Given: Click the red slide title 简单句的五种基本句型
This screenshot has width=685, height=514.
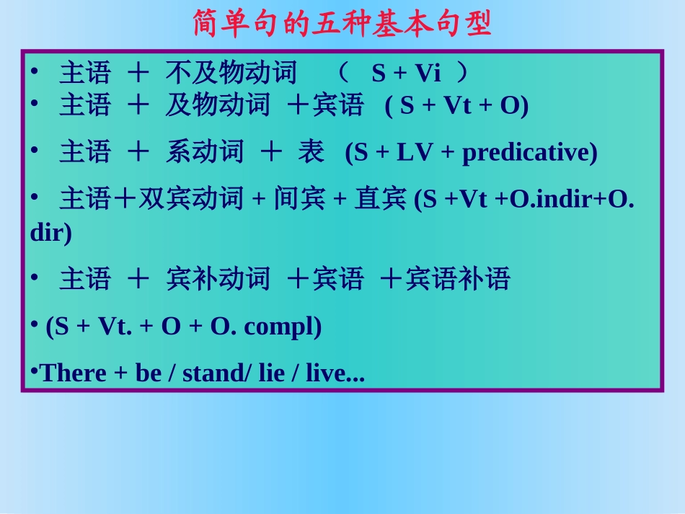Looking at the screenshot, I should click(342, 24).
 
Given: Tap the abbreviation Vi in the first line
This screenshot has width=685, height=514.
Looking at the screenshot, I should click(427, 74).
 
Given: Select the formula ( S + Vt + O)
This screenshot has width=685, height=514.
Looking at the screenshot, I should click(456, 106).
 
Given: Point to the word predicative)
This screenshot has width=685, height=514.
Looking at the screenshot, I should click(529, 153).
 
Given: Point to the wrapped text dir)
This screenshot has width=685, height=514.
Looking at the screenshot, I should click(51, 234).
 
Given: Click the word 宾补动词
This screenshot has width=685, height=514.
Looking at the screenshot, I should click(218, 278).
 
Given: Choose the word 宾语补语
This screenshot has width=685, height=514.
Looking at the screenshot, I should click(458, 278).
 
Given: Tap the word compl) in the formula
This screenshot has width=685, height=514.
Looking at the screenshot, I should click(283, 327).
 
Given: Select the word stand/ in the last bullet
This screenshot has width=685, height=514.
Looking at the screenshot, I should click(214, 373).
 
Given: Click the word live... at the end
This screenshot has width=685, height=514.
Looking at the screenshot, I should click(335, 373).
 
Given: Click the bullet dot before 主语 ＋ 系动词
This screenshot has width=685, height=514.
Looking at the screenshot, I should click(34, 149).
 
